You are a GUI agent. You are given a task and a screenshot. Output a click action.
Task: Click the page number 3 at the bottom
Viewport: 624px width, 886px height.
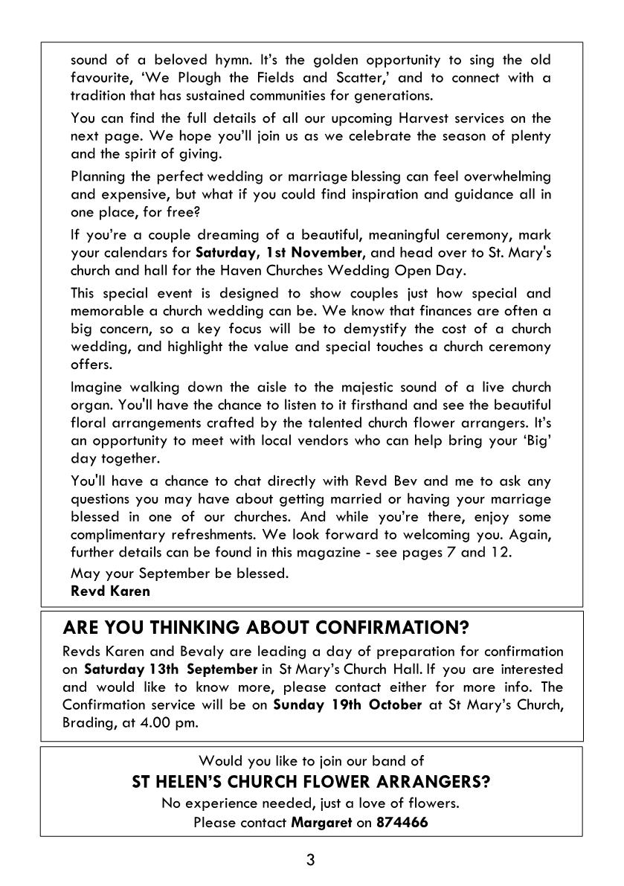[311, 861]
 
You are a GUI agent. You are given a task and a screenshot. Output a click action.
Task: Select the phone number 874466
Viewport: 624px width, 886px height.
[402, 823]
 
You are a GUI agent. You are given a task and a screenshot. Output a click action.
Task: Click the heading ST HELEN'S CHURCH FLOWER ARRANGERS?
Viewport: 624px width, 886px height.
[311, 782]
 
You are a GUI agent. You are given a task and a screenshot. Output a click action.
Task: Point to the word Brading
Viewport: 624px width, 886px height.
[86, 722]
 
